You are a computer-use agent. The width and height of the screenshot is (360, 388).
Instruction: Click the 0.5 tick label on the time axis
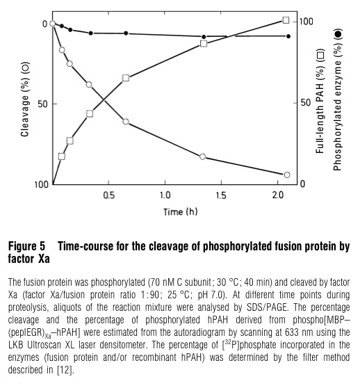click(x=109, y=196)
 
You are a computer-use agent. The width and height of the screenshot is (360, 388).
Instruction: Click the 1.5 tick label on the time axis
click(x=222, y=196)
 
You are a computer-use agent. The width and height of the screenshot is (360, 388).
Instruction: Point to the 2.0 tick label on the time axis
click(x=278, y=196)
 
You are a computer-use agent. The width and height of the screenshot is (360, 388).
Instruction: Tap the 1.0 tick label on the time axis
click(x=165, y=196)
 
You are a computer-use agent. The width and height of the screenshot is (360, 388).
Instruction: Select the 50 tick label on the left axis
click(x=41, y=104)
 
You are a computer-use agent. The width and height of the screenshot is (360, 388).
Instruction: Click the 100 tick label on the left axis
click(x=40, y=184)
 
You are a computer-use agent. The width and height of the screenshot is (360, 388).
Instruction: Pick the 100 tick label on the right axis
click(x=306, y=22)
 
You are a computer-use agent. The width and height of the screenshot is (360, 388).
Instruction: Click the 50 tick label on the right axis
click(x=304, y=103)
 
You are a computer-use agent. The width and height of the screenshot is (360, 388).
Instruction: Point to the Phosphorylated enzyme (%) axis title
click(x=338, y=102)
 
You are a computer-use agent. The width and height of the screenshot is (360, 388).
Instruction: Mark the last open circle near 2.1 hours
click(x=286, y=175)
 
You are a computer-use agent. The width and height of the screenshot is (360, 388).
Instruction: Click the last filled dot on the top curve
click(x=288, y=36)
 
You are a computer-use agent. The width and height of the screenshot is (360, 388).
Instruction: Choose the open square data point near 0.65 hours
click(x=126, y=77)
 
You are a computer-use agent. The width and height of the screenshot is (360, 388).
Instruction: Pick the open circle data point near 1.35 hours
click(x=203, y=156)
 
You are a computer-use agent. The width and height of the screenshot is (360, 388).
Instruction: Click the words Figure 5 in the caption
click(x=26, y=246)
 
